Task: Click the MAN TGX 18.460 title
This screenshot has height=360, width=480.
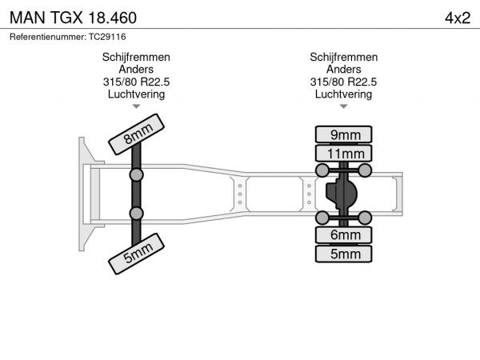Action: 73,18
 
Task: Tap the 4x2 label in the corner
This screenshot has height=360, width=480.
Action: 458,18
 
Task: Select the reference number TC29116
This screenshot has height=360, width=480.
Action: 107,37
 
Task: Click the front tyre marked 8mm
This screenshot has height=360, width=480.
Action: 137,134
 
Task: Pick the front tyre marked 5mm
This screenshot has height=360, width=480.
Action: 137,254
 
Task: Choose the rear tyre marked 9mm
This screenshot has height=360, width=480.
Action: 344,134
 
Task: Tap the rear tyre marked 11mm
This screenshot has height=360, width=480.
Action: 344,154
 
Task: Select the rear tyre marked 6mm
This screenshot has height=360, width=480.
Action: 344,235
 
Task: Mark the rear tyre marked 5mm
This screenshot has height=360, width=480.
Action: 344,254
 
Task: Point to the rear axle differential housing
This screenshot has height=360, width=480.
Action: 341,194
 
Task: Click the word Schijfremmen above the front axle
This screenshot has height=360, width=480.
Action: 136,58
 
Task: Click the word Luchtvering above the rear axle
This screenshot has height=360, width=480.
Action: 343,94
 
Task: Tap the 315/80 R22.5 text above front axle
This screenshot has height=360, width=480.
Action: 136,82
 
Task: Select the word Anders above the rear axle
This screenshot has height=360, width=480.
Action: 343,69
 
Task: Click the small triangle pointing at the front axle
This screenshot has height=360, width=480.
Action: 136,106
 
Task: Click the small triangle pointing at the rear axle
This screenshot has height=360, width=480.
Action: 344,106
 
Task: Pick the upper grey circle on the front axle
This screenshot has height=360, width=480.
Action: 136,174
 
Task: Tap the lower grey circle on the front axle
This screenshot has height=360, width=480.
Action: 136,213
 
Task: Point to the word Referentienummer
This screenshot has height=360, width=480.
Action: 48,37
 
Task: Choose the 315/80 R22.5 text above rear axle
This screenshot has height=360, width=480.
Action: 343,82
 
